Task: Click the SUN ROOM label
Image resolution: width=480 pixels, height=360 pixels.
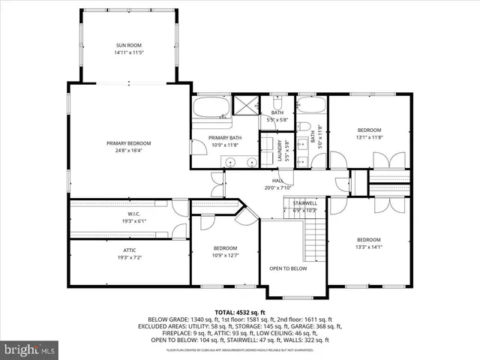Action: [x=128, y=46]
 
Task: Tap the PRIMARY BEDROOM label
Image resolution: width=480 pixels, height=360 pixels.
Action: [x=128, y=143]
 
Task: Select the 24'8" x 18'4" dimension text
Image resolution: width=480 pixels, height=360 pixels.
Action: [x=128, y=151]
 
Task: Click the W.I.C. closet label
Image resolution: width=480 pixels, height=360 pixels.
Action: [x=128, y=214]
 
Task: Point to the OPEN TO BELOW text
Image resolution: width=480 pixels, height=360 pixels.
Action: [x=288, y=268]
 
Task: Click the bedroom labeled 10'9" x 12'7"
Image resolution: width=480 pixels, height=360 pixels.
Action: [x=225, y=248]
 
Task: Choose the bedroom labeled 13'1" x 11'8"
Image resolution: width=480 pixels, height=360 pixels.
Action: [x=369, y=130]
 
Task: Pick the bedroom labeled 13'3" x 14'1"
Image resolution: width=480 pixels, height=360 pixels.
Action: [x=369, y=239]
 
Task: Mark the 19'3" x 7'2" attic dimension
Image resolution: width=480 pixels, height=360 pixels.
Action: [x=128, y=257]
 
